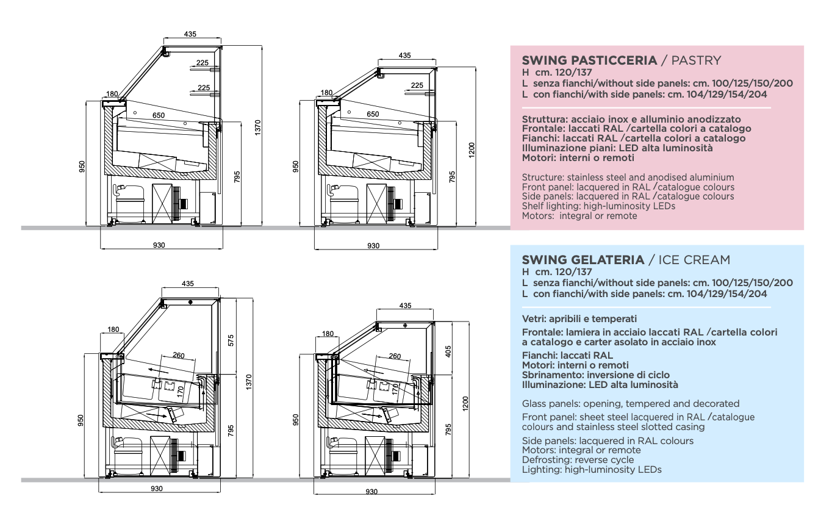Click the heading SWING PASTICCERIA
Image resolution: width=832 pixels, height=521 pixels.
click(x=589, y=60)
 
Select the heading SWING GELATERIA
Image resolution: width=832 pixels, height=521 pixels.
click(x=583, y=260)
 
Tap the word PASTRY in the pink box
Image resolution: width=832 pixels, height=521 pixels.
click(x=695, y=60)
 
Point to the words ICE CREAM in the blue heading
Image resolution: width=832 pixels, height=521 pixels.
click(x=693, y=260)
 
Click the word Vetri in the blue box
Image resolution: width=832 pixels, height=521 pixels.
click(x=534, y=318)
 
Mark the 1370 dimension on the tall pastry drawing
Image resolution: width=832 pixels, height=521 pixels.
click(x=258, y=128)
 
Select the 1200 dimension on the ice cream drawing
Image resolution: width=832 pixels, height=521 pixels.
click(x=465, y=403)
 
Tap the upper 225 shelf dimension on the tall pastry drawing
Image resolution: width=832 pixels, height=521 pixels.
click(x=203, y=62)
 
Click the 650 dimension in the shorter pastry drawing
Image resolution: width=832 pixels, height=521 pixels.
click(x=373, y=114)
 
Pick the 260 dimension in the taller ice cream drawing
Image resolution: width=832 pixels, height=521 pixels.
click(x=179, y=356)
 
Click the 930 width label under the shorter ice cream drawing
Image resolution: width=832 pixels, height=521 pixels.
click(x=372, y=491)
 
